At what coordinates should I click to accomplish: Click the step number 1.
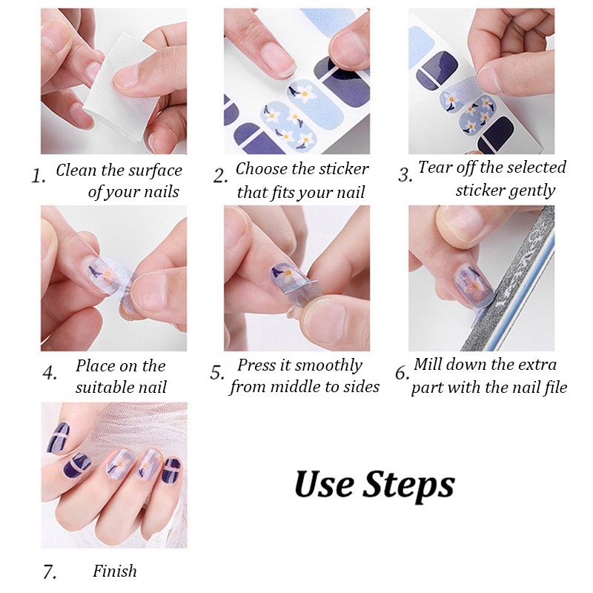pyautogui.click(x=38, y=176)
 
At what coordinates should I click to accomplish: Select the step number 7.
pyautogui.click(x=50, y=572)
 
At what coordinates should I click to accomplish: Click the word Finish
pyautogui.click(x=115, y=571)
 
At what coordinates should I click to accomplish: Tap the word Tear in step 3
pyautogui.click(x=432, y=167)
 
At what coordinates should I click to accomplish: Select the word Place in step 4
pyautogui.click(x=97, y=365)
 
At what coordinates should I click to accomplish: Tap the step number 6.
pyautogui.click(x=401, y=374)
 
